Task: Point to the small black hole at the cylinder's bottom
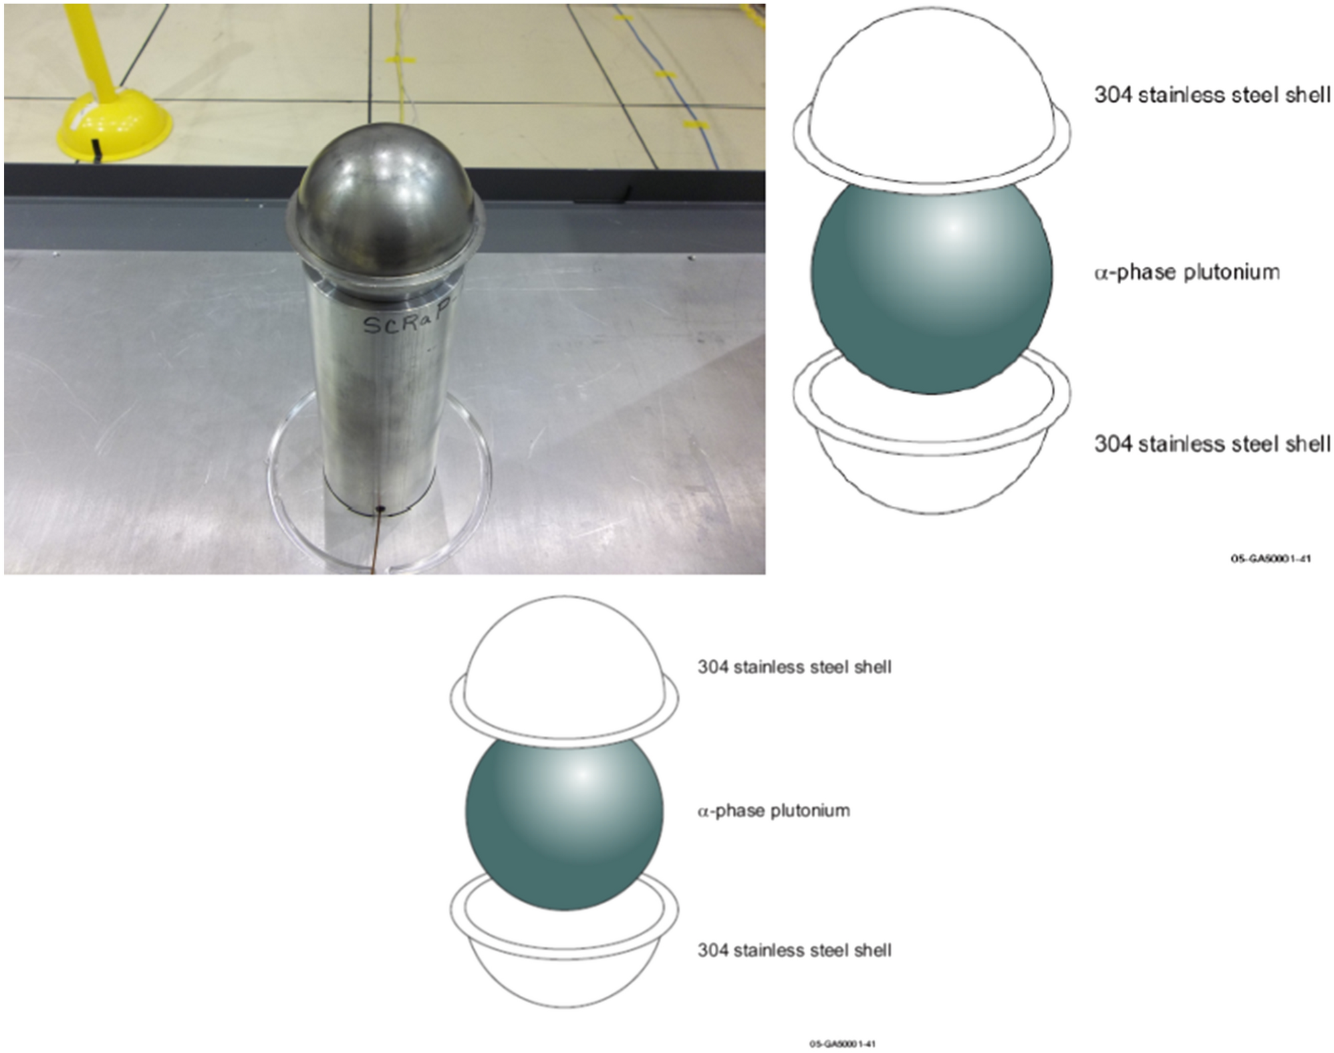380,509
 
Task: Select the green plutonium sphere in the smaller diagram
564,824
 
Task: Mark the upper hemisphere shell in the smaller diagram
564,658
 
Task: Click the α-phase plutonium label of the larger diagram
1187,273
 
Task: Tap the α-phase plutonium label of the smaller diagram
773,811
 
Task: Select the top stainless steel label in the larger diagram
1212,95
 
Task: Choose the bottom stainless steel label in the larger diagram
1212,443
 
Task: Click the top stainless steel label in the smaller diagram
794,667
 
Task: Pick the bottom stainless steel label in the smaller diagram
794,951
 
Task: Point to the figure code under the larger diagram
1270,558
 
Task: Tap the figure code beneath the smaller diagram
842,1044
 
